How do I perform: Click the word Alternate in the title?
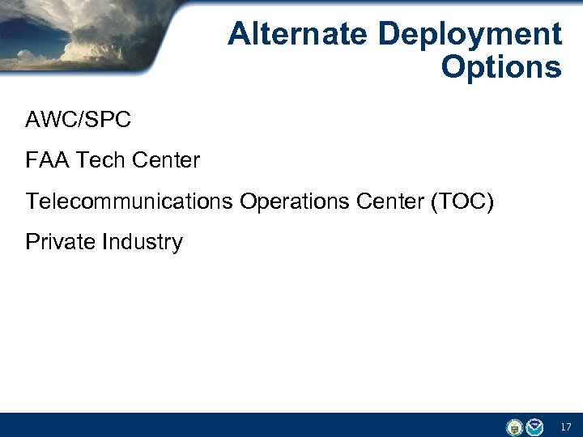pyautogui.click(x=299, y=34)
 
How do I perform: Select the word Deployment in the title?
pyautogui.click(x=470, y=34)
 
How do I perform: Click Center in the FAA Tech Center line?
pyautogui.click(x=165, y=160)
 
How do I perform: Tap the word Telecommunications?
pyautogui.click(x=129, y=201)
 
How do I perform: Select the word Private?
pyautogui.click(x=60, y=241)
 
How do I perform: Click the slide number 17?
pyautogui.click(x=564, y=426)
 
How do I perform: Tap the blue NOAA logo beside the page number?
pyautogui.click(x=534, y=426)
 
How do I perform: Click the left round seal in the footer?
pyautogui.click(x=514, y=426)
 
